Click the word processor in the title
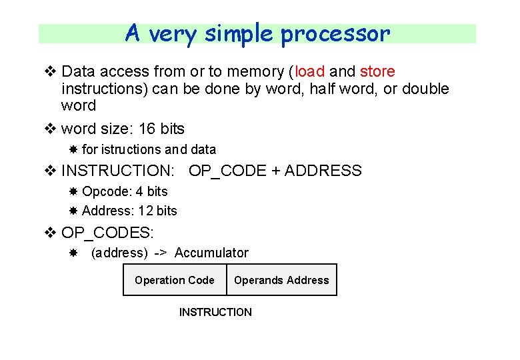click(x=335, y=33)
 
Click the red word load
click(x=309, y=71)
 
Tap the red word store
click(x=377, y=71)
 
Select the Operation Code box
click(x=175, y=280)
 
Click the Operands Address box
click(x=281, y=280)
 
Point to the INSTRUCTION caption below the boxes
click(x=215, y=312)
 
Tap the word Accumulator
click(x=211, y=253)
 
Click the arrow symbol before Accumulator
click(x=161, y=253)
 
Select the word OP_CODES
click(x=107, y=233)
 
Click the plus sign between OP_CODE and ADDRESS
click(x=276, y=171)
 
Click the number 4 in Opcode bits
click(x=139, y=191)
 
